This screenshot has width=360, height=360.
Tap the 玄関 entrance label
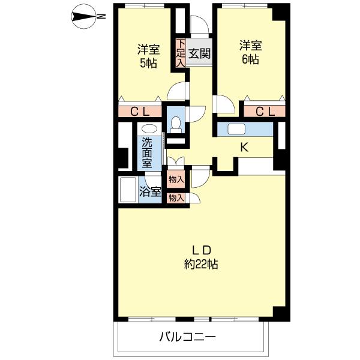199,54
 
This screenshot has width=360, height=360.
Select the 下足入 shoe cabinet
181,53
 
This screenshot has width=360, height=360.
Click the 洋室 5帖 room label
148,56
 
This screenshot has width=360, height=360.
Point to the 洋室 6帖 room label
250,52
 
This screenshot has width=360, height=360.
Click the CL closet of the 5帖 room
140,112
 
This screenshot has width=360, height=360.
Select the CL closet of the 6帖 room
265,112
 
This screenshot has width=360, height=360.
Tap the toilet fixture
176,125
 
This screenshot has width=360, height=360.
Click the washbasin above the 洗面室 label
149,128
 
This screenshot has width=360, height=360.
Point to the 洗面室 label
147,152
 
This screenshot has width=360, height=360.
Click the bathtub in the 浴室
128,190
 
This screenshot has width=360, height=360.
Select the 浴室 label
150,191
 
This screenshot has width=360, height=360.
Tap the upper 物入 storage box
176,179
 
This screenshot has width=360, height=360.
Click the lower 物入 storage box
176,197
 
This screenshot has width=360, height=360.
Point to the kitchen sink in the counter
236,129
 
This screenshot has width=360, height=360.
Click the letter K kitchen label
244,147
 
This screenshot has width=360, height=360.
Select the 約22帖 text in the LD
201,264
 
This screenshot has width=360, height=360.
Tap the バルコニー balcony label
188,337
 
